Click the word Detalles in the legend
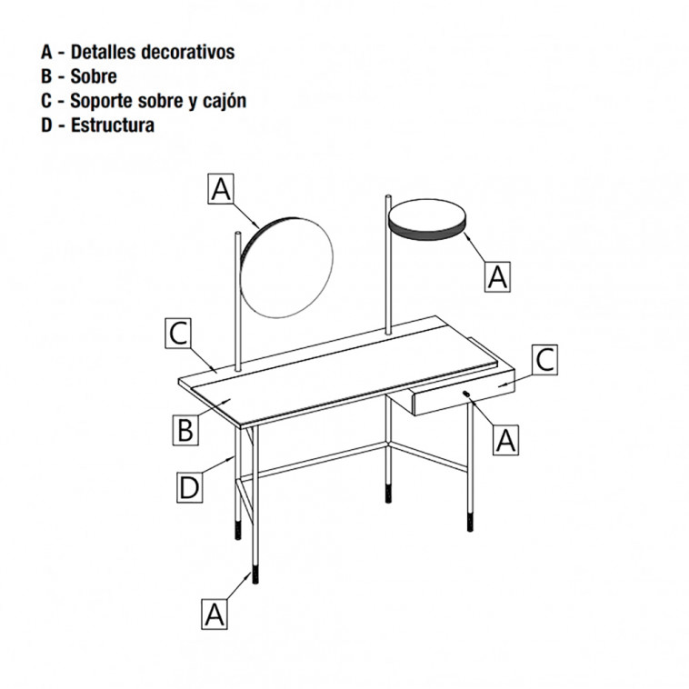coord(103,52)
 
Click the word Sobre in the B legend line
coord(94,76)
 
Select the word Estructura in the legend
coord(113,125)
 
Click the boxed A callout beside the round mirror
coord(221,189)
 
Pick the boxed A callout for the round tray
coord(497,276)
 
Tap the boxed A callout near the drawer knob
coord(505,440)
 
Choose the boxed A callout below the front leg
coord(215,614)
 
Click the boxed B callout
coord(185,430)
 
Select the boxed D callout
coord(190,487)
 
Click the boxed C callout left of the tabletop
coord(178,334)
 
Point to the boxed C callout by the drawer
coord(544,360)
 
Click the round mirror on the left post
coord(286,267)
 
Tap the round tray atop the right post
coord(426,219)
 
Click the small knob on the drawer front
coord(466,394)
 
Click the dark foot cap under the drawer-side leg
coord(470,522)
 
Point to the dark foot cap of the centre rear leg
coord(388,493)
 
